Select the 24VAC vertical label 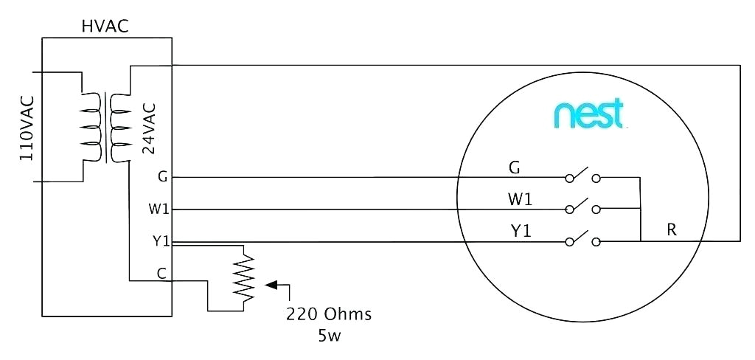coord(148,127)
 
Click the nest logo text coord(588,115)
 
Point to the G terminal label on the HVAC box coord(162,176)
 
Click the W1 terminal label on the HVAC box coord(159,210)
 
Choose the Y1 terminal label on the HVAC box coord(161,240)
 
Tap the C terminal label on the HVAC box coord(161,273)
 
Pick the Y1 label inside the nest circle coord(521,231)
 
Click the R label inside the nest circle coord(672,230)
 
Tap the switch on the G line coord(582,176)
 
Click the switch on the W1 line coord(582,207)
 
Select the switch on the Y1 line coord(582,239)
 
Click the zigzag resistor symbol coord(243,277)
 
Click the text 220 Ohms coord(329,314)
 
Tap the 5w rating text coord(329,336)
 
